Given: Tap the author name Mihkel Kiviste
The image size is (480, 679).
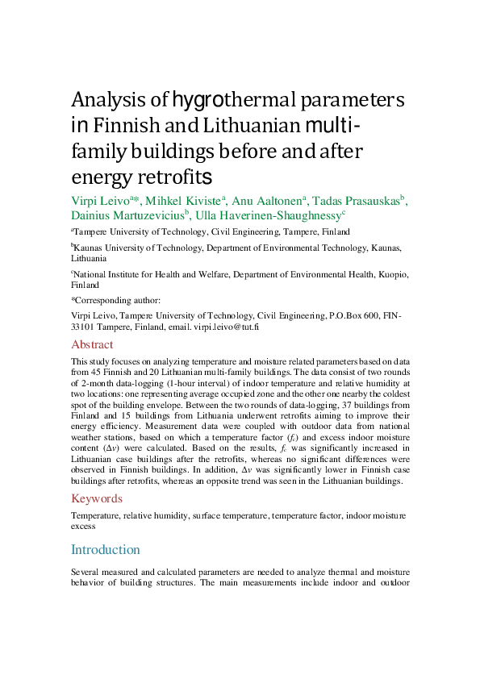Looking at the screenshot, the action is (x=192, y=201).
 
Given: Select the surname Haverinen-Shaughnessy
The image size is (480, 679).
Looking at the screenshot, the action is (x=298, y=215).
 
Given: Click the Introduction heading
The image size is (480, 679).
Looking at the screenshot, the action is (x=106, y=549).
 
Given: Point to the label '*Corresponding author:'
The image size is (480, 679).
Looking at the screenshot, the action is (x=115, y=300).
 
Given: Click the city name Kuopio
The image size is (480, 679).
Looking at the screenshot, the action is (x=394, y=274).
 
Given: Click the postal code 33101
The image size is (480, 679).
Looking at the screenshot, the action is (x=86, y=327).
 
